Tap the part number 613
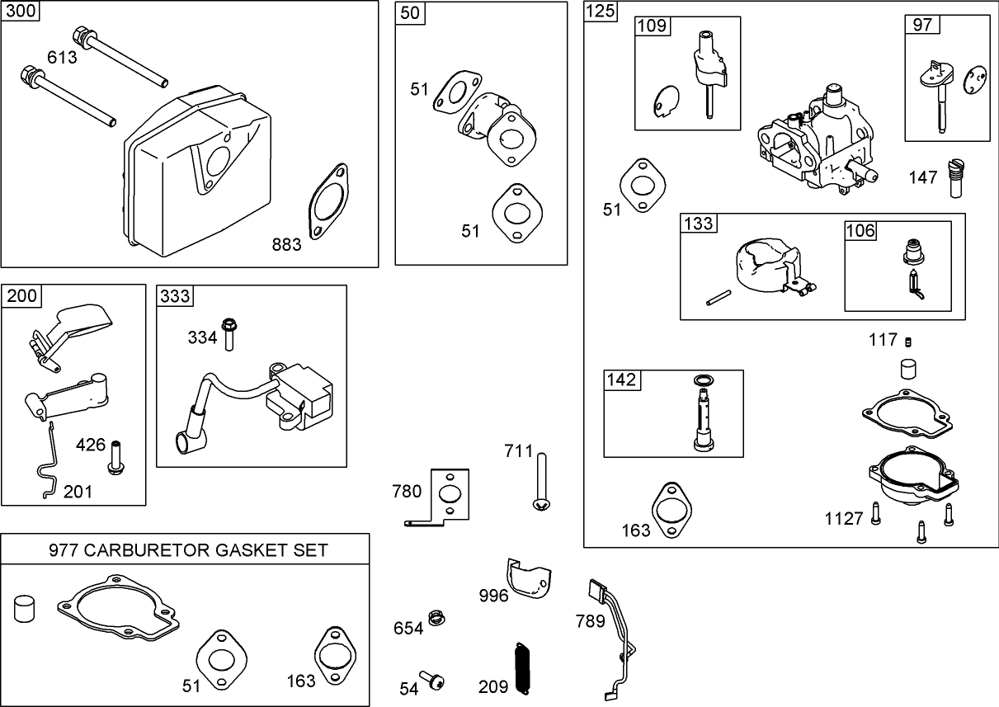62,57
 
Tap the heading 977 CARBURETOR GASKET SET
187,550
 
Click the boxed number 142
621,379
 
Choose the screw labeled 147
957,177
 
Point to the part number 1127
843,518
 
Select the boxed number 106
860,231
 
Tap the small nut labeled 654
436,617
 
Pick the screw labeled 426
115,456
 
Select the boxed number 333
175,295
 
